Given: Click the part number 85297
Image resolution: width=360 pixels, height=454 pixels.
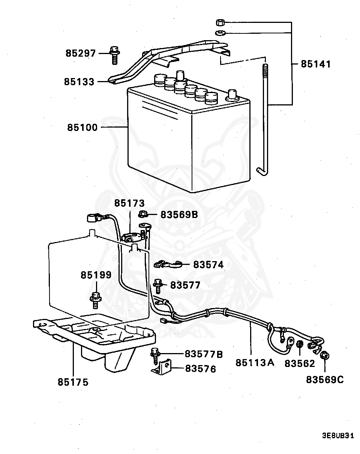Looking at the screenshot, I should click(81, 53).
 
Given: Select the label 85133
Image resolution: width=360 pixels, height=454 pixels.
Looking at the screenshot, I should click(79, 81).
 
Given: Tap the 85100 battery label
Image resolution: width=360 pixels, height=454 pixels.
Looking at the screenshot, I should click(82, 128).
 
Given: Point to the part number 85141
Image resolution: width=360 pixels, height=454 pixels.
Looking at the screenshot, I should click(316, 64).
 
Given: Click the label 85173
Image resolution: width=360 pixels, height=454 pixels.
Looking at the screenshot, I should click(129, 203).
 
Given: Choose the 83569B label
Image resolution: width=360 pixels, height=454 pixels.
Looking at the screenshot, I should click(179, 215).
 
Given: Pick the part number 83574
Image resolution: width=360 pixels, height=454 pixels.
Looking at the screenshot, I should click(208, 265).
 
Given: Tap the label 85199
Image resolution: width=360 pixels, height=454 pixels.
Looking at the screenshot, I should click(96, 275).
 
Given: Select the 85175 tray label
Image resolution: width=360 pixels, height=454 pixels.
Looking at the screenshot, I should click(73, 382).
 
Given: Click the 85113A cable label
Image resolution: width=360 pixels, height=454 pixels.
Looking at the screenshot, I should click(255, 363).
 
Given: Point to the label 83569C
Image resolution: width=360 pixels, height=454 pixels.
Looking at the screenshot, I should click(324, 380).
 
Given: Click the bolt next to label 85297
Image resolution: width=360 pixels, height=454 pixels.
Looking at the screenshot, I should click(114, 55).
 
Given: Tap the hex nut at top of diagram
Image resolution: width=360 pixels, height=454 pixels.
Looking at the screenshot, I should click(220, 22).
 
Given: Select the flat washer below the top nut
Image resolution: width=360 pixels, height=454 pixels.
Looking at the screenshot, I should click(220, 33).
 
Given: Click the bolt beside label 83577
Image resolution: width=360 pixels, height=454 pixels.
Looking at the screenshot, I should click(157, 286).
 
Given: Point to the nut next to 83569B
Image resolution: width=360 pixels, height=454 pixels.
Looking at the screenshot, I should click(142, 215).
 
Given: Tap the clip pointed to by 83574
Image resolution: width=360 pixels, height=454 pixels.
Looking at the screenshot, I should click(167, 265).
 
